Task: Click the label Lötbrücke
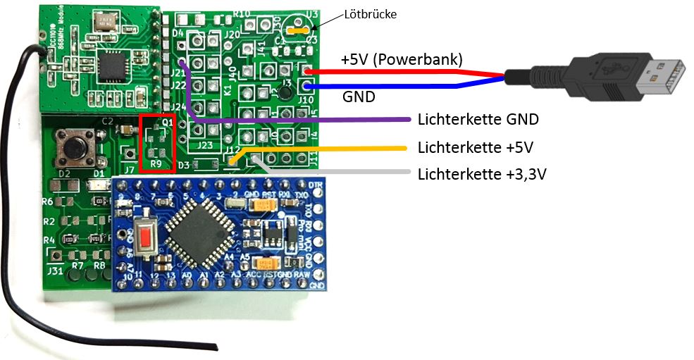[371, 13]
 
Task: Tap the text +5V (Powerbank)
[402, 60]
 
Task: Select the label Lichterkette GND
[478, 120]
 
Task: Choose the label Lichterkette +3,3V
[482, 173]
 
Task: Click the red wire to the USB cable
[409, 72]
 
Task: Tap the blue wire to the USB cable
[409, 87]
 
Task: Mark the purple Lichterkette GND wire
[296, 120]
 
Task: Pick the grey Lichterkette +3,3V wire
[338, 171]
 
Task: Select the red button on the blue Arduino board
[146, 238]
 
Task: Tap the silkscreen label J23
[204, 145]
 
